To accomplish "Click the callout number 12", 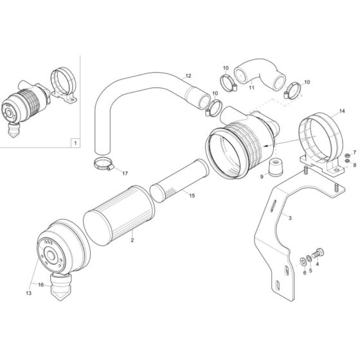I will pos(188,76).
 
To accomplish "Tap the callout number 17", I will pos(125,174).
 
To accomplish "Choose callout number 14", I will pos(341,111).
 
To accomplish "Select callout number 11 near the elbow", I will pos(251,87).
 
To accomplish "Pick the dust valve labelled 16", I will pos(60,283).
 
